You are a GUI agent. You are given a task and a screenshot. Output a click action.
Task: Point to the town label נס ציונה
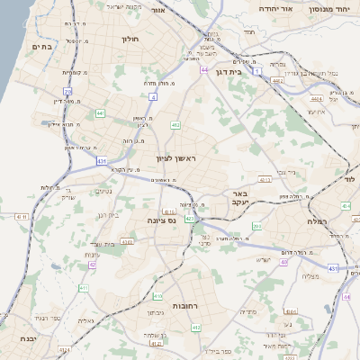[x=171, y=219]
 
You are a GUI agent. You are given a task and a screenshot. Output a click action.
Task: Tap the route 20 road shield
[x=67, y=91]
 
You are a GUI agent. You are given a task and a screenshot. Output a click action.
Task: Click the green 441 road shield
[x=100, y=113]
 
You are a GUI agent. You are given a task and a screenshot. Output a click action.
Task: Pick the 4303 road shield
[x=127, y=241]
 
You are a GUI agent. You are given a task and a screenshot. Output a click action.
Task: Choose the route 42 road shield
[x=92, y=265]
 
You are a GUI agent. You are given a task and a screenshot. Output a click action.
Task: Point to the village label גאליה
[x=86, y=320]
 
